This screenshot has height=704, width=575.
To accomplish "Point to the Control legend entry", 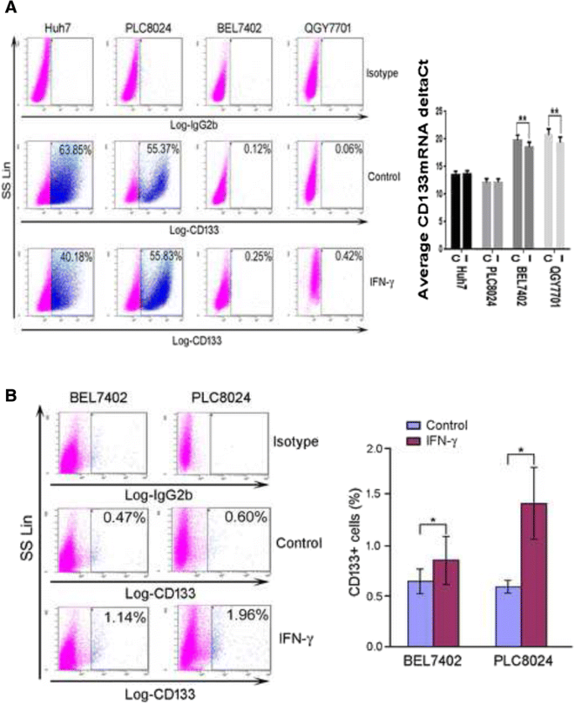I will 448,425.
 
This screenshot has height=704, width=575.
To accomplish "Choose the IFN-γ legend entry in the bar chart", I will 447,440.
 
